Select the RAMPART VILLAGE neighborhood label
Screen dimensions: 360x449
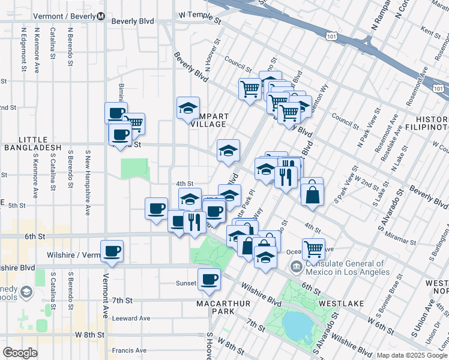203,120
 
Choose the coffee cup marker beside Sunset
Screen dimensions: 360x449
209,279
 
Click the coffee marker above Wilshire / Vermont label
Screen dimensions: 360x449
112,251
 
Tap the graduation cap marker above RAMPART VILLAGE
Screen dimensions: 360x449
188,108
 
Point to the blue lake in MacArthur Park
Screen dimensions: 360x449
298,326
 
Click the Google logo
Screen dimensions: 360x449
20,353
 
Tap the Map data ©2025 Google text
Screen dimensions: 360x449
412,355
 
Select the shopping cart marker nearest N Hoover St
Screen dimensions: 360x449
250,89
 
